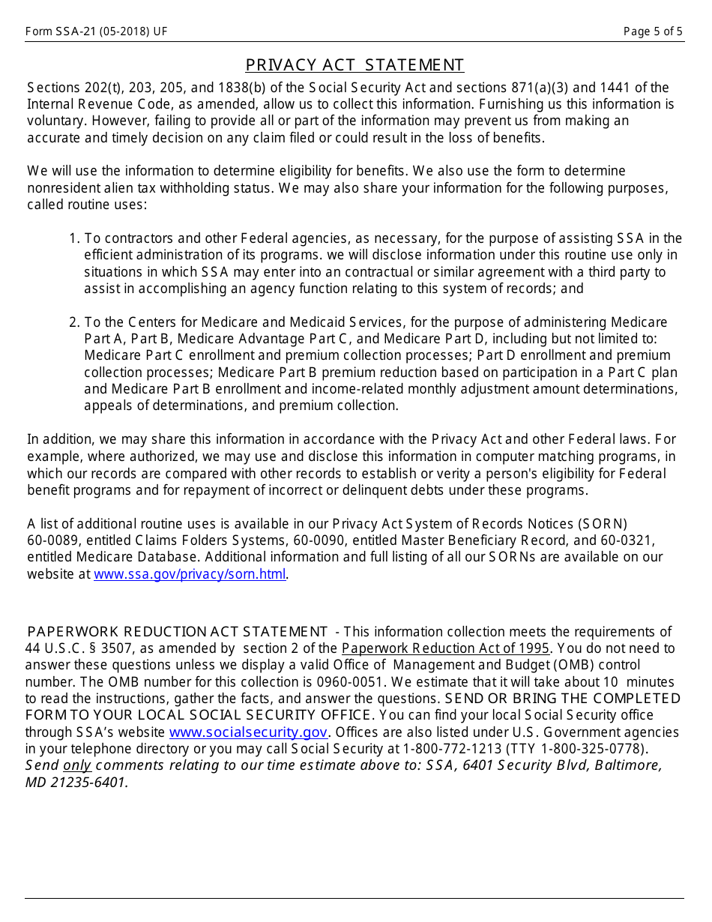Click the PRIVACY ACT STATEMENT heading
355,65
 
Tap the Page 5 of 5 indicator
653,31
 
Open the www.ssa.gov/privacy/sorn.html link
190,574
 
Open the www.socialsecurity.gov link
248,732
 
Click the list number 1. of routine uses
74,238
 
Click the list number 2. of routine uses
74,322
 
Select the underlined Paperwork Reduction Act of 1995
446,648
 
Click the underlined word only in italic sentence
76,765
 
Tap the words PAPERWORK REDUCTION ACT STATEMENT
178,632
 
